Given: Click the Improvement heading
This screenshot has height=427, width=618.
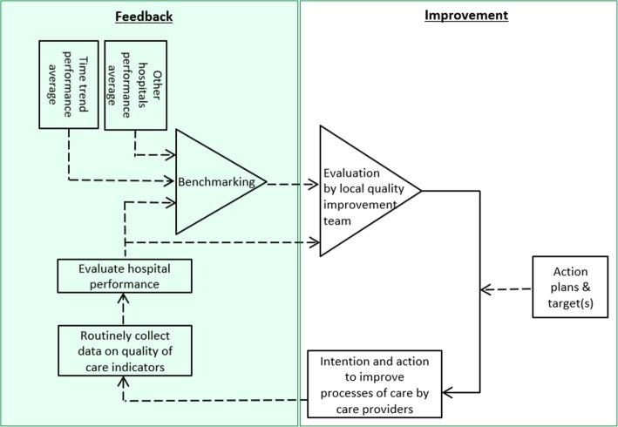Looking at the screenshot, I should coord(465,15).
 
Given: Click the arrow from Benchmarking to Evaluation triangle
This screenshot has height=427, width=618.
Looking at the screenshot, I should coord(291,184).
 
